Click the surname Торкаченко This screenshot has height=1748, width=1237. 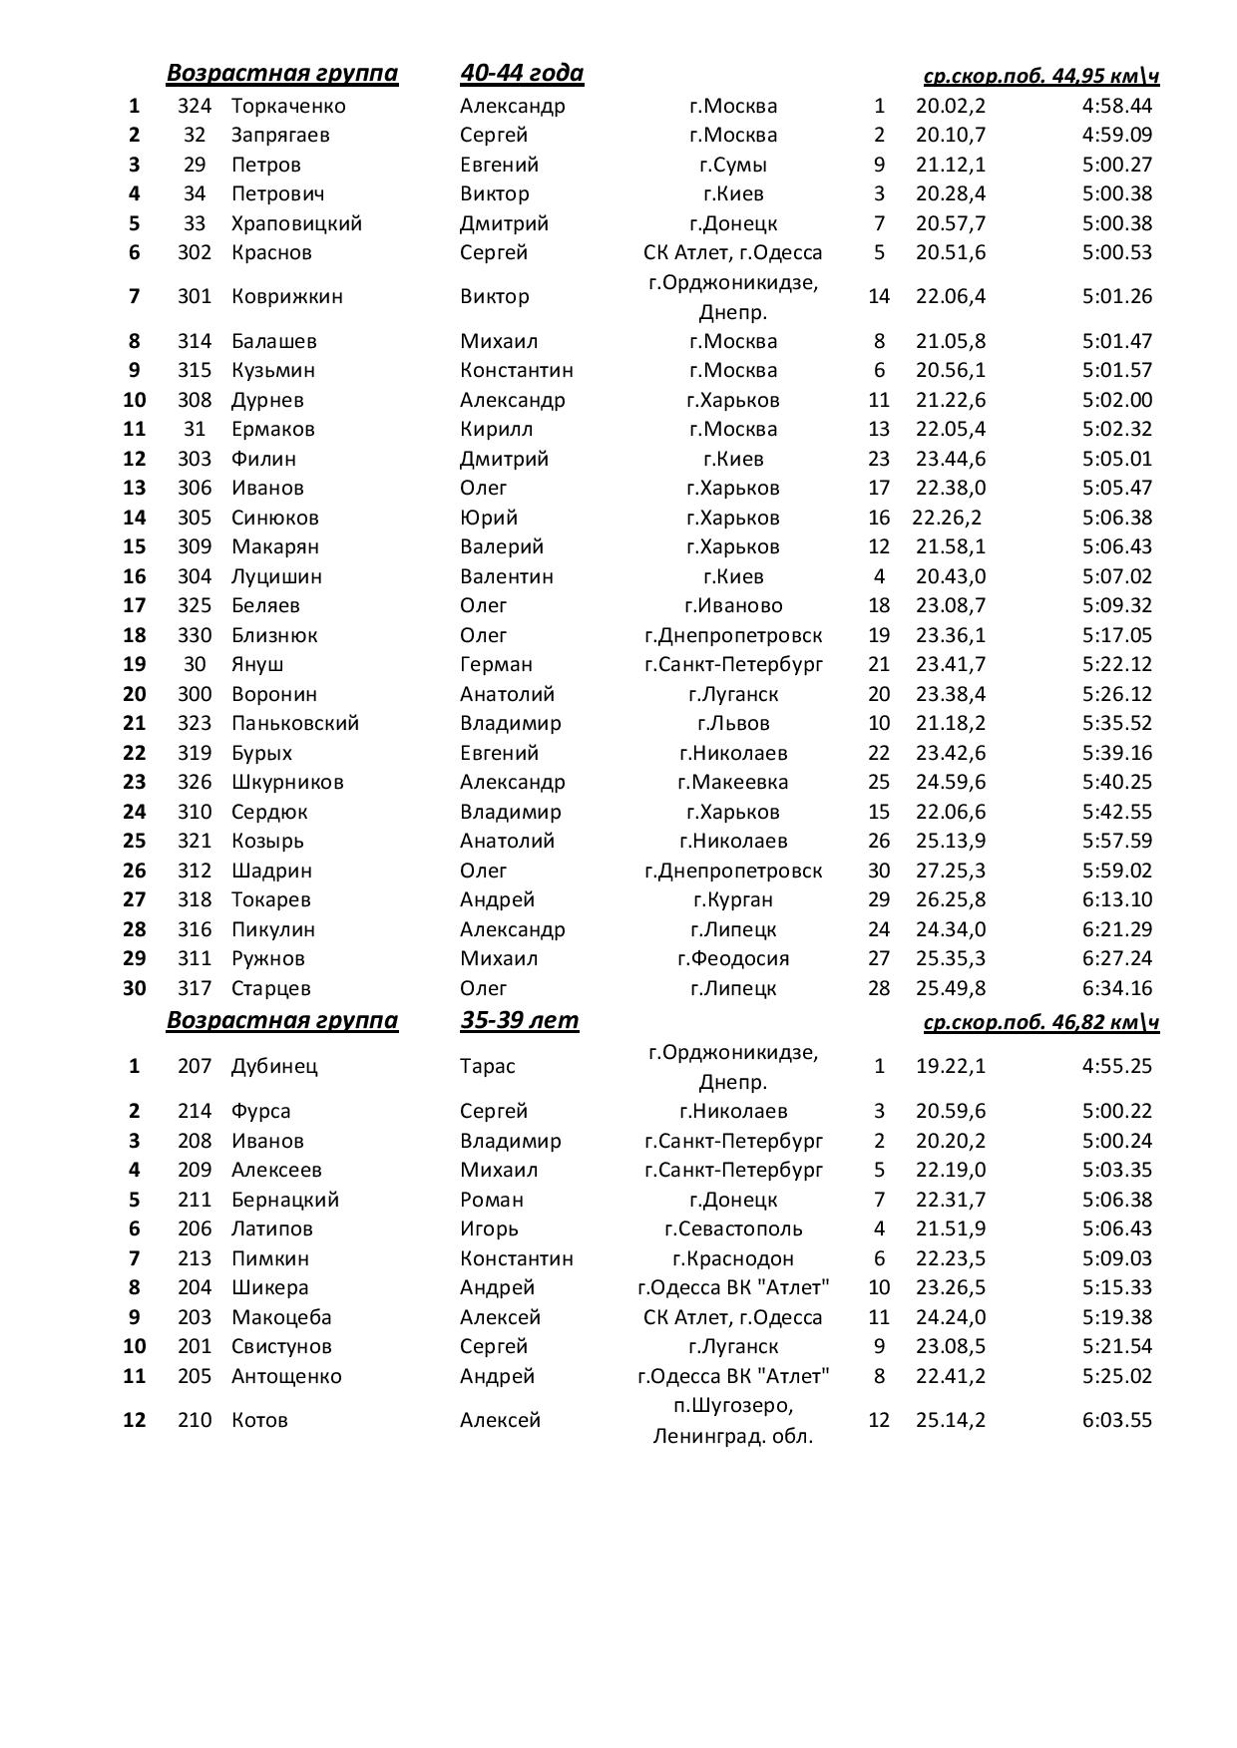(x=288, y=106)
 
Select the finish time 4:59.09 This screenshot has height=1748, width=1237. (x=1116, y=135)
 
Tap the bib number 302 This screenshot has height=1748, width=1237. (x=195, y=252)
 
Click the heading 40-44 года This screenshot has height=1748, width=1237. (x=522, y=73)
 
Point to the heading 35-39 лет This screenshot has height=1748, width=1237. (x=519, y=1020)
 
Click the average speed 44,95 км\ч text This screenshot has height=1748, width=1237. (x=1040, y=76)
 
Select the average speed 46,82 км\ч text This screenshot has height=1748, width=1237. (x=1040, y=1022)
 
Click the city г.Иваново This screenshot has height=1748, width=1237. (x=733, y=605)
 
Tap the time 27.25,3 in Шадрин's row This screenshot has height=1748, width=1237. (x=950, y=871)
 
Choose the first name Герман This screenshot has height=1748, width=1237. (x=496, y=664)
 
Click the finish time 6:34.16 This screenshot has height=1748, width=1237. (x=1116, y=988)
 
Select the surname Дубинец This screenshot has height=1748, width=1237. (x=274, y=1066)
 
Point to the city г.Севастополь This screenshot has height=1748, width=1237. (x=733, y=1228)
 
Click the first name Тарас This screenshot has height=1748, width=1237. (x=488, y=1066)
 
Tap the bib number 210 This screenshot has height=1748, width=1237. (x=195, y=1420)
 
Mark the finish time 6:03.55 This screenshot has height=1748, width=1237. (x=1116, y=1420)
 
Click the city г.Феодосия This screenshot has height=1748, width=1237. (x=733, y=958)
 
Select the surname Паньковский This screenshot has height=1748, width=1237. (x=295, y=723)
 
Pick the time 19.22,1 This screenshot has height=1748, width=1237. (x=950, y=1066)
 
